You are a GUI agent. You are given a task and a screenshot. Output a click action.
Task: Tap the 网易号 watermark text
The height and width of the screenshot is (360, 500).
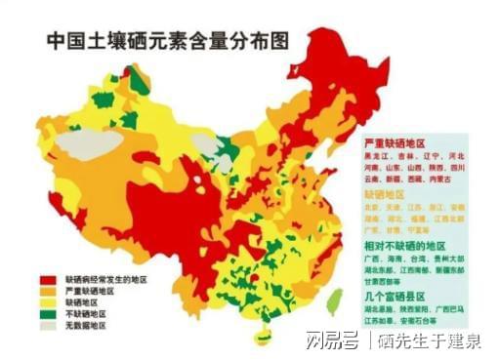327,340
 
